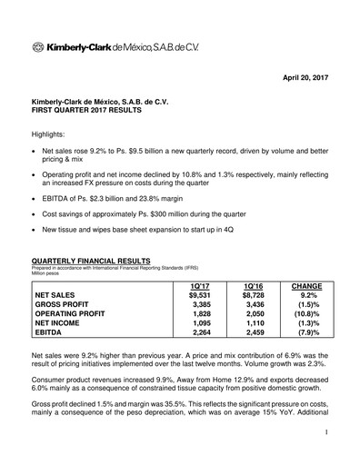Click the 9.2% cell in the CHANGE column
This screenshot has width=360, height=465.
click(309, 295)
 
